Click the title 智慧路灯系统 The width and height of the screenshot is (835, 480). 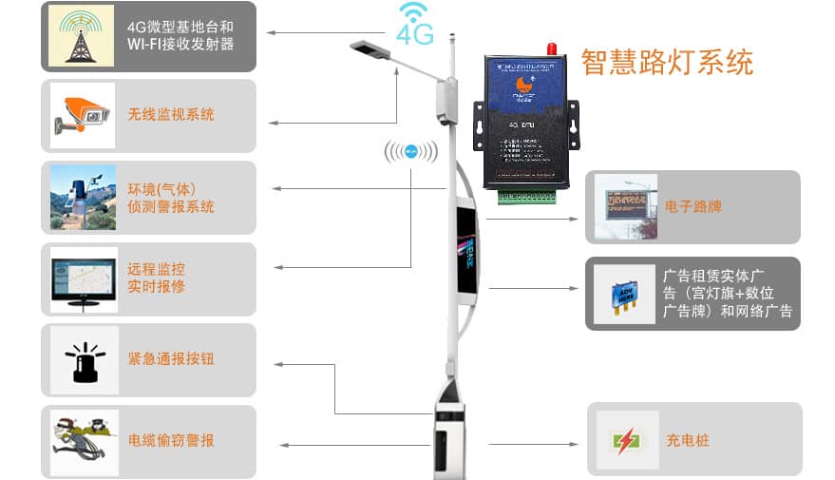(667, 62)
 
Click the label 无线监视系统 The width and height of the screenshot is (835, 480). (171, 115)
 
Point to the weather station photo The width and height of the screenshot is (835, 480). (82, 197)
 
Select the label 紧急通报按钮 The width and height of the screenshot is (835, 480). (171, 359)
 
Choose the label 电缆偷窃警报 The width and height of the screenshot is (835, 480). (171, 440)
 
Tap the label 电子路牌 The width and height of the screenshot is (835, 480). (693, 205)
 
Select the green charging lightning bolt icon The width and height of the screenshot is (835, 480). (627, 440)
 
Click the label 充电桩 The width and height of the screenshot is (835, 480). (689, 440)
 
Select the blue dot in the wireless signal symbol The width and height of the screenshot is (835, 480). (410, 151)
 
